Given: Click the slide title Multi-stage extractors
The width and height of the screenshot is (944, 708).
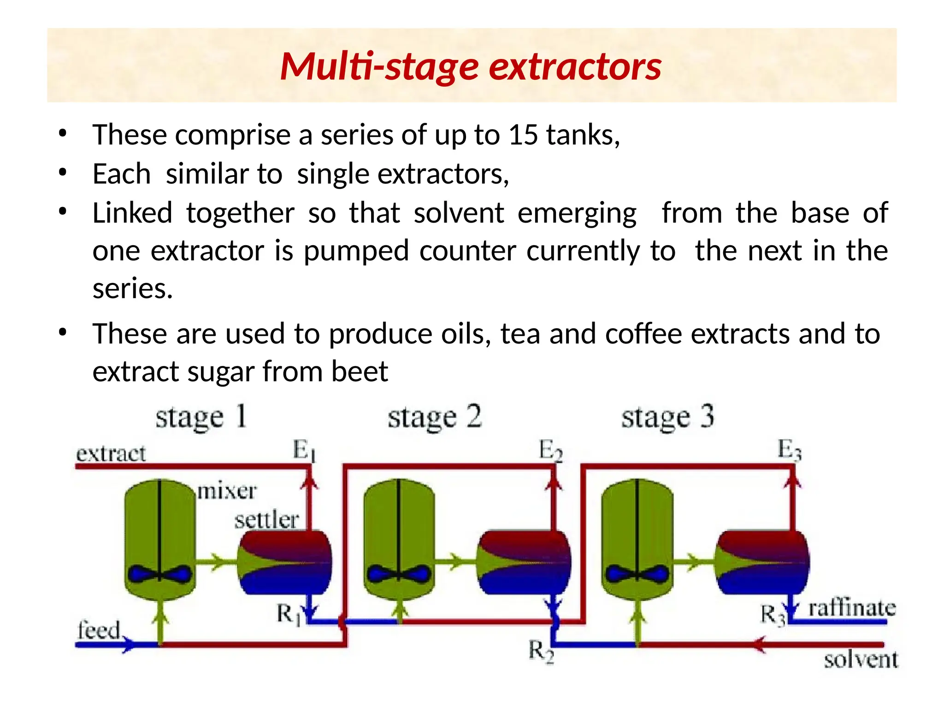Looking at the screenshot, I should click(x=471, y=66).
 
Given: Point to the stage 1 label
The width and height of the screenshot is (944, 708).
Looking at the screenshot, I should click(x=201, y=418).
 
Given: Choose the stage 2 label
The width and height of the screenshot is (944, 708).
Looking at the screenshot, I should click(x=434, y=418).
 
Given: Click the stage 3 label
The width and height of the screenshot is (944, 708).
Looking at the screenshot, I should click(x=667, y=418).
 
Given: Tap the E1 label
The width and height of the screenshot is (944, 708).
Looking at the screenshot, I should click(x=304, y=450).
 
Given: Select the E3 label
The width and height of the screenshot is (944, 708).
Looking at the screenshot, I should click(x=789, y=449).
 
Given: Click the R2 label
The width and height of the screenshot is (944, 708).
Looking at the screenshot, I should click(x=540, y=652).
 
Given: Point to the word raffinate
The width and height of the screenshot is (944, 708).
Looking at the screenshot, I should click(x=852, y=608).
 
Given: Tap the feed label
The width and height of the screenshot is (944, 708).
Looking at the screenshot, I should click(x=99, y=630).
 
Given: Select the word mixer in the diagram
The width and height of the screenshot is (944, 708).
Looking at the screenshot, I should click(x=227, y=491).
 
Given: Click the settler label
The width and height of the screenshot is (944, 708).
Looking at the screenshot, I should click(x=266, y=520).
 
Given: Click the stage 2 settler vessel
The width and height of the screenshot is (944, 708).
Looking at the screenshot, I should click(x=524, y=562).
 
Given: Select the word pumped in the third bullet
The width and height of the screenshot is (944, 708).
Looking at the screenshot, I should click(x=356, y=251).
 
